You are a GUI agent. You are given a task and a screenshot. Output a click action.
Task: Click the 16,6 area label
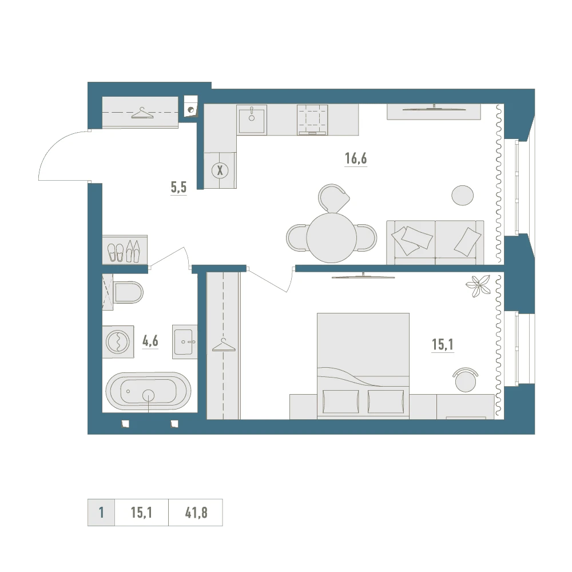tap(356, 158)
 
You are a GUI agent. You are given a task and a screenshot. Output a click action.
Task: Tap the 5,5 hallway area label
tap(178, 187)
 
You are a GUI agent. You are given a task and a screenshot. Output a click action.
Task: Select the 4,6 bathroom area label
tap(150, 341)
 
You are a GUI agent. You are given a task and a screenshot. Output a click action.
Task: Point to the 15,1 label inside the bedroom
tap(443, 344)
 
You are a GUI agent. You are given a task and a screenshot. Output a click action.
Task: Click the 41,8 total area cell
tap(196, 513)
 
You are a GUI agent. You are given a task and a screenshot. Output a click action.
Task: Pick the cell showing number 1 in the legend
tap(101, 513)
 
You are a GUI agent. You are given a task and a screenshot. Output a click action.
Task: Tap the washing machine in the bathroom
tap(118, 342)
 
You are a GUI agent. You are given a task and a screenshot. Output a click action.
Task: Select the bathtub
tap(148, 391)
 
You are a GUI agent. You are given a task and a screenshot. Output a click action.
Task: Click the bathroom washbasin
tap(184, 342)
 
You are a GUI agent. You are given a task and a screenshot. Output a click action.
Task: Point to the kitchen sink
tap(251, 120)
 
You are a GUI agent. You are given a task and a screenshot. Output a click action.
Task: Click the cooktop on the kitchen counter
tap(312, 120)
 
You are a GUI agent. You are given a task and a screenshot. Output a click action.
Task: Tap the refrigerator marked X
tap(220, 170)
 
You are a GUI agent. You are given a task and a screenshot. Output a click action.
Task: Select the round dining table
tap(331, 237)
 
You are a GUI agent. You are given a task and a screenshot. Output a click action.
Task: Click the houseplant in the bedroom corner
tap(478, 286)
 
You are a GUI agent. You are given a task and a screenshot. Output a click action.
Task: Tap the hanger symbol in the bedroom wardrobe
tap(224, 345)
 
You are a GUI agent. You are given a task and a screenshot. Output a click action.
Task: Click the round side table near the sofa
tap(463, 195)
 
